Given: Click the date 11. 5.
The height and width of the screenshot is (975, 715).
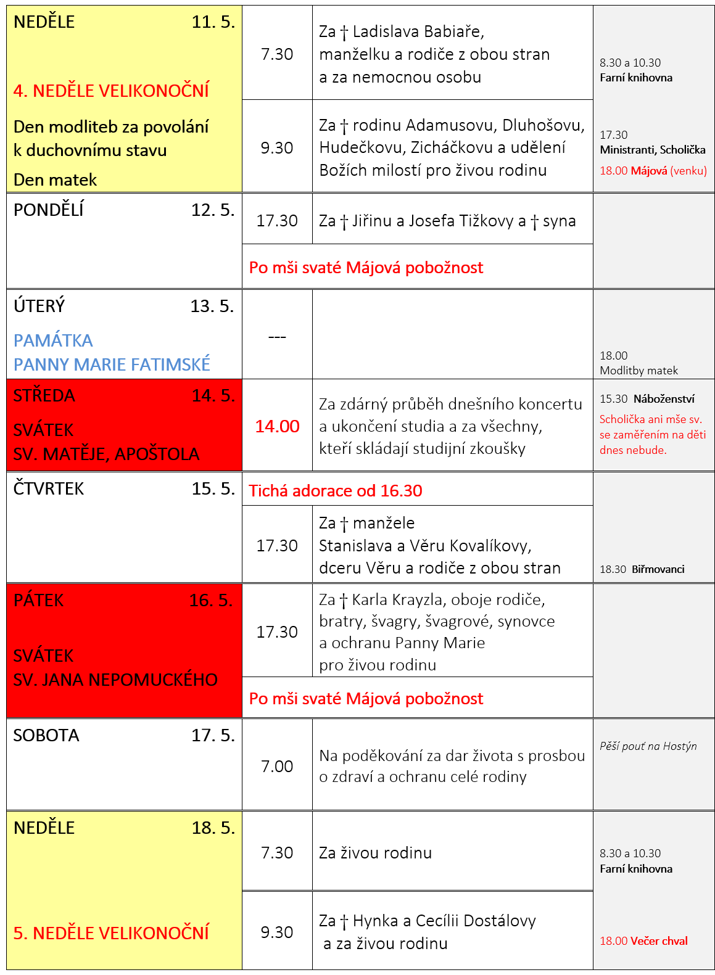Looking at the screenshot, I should point(213,22).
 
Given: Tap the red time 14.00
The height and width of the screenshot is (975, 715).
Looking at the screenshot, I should point(277,426).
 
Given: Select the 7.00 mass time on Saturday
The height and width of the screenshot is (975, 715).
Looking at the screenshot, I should point(277,766).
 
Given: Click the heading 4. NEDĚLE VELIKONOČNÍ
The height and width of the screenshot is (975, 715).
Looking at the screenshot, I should point(111,91).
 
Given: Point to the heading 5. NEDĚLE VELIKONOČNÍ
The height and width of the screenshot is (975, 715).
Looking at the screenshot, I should point(111,933).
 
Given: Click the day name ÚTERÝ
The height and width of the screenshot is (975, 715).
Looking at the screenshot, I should point(39,306).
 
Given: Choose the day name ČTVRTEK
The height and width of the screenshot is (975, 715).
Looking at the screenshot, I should point(49,489).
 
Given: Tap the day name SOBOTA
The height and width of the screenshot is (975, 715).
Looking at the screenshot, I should point(46,735).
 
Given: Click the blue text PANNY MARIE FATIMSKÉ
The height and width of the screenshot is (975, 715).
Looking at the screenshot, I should point(112,364).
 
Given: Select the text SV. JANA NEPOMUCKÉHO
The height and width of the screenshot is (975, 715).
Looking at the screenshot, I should point(115,680).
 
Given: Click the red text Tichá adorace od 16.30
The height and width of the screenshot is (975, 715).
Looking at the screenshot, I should point(336,491).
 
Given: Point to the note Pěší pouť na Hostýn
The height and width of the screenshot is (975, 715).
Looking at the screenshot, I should point(648,746).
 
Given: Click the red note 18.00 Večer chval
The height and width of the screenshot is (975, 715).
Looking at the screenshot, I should point(643,940).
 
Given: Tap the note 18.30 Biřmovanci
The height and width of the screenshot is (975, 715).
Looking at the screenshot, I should point(642,569).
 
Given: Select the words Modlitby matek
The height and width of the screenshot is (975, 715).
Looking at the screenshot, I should point(639,371).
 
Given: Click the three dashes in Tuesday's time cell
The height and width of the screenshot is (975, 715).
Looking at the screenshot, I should point(277,337).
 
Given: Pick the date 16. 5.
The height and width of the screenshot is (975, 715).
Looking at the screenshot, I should point(211,601).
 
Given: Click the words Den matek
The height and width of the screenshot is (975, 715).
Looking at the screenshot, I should point(56,180).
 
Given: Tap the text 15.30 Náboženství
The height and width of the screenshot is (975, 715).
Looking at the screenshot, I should point(647,399).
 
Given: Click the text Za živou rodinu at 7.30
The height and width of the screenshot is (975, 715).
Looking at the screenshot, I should point(375,853).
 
